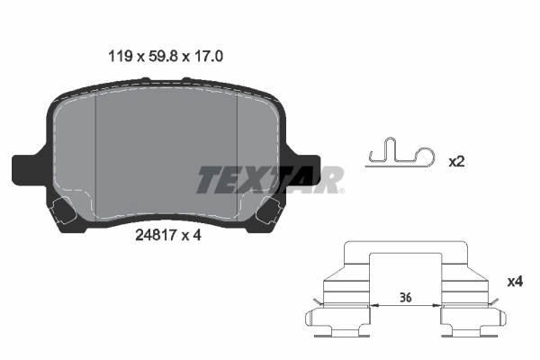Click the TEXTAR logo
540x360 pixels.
click(x=270, y=180)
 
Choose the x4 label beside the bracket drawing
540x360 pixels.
click(x=514, y=282)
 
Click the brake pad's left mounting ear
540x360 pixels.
click(x=27, y=168)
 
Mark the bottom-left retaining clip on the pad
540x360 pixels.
click(x=64, y=214)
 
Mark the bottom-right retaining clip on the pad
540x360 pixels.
click(x=269, y=214)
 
